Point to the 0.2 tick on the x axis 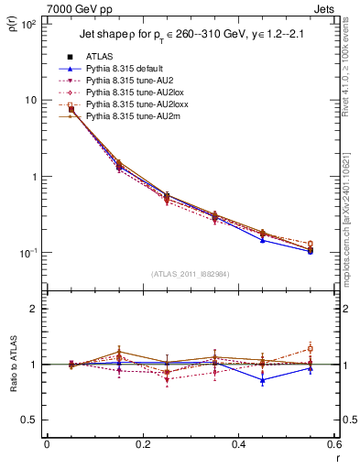[142, 447]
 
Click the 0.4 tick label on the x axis [238, 447]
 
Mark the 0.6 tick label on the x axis [334, 447]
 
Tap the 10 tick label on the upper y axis [32, 100]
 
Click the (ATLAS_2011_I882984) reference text [190, 273]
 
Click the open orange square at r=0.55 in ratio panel [311, 348]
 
